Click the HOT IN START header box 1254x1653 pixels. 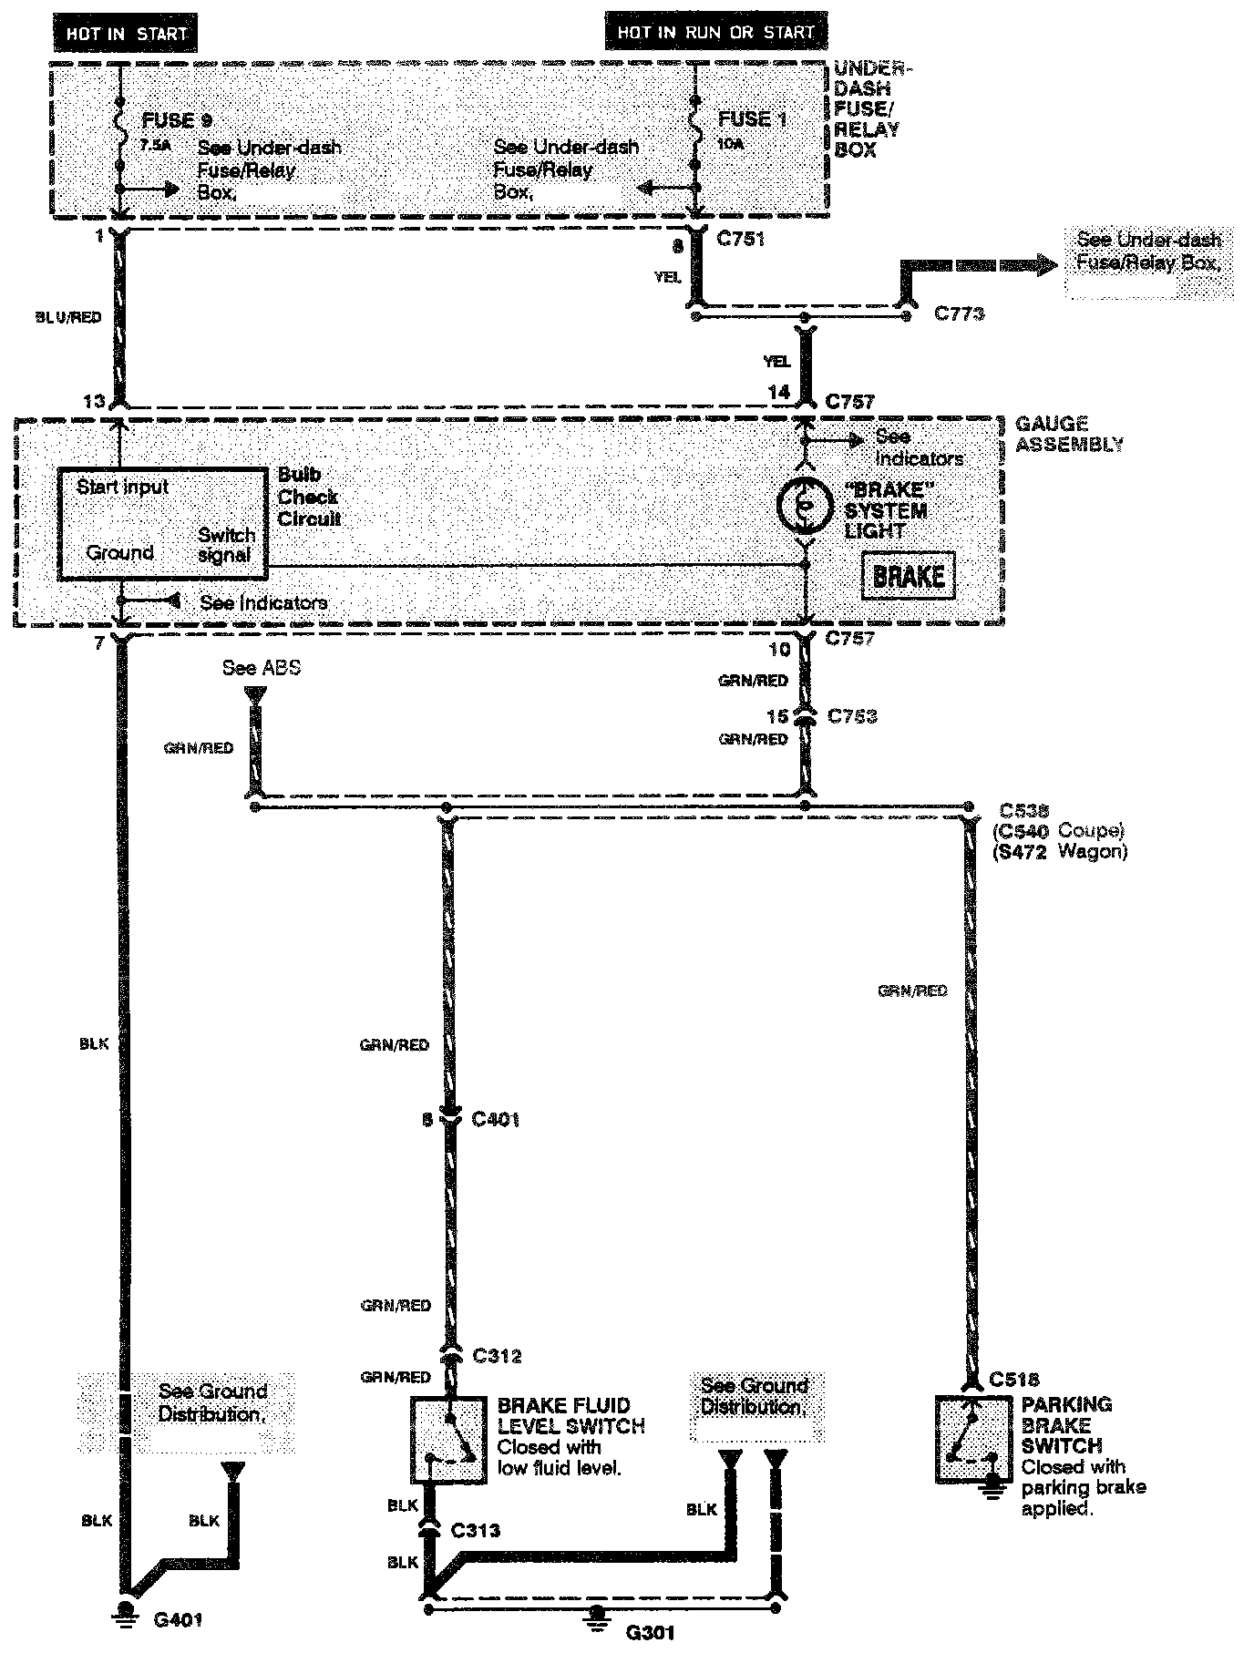126,34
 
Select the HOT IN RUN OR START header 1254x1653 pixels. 714,33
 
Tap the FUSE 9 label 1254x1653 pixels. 169,121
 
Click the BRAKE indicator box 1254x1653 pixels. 908,576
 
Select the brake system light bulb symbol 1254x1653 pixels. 804,505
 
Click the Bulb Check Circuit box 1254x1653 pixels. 163,524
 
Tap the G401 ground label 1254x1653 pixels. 178,1619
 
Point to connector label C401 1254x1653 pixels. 496,1119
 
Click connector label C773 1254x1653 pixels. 960,313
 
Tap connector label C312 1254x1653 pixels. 497,1356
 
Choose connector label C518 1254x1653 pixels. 1013,1380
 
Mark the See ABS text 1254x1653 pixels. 261,668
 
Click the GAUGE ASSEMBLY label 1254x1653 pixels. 1068,434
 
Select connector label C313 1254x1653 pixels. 476,1530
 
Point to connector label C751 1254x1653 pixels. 740,240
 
